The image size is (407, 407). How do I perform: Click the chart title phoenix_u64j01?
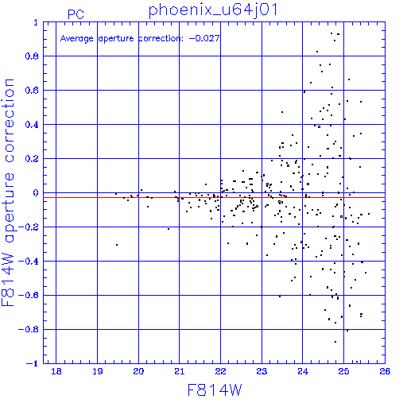click(x=213, y=11)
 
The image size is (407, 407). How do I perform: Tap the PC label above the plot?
click(x=76, y=14)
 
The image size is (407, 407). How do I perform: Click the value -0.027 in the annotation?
click(x=204, y=38)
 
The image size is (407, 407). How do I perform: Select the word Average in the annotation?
click(x=76, y=39)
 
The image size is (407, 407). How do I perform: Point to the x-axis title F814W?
click(x=215, y=390)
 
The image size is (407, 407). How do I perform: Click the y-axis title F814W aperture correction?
click(x=8, y=192)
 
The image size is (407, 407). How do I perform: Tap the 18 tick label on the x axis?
click(x=56, y=371)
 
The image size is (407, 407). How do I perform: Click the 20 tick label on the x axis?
click(x=138, y=371)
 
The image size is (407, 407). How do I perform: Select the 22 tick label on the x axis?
click(x=220, y=371)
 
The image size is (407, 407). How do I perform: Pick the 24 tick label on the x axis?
click(x=303, y=371)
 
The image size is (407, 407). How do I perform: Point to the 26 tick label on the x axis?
click(x=385, y=371)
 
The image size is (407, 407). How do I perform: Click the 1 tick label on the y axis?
click(x=36, y=22)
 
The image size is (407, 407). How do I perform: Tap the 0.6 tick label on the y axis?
click(x=32, y=91)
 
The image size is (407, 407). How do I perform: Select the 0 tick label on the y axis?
click(x=36, y=193)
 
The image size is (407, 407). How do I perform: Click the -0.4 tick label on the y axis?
click(x=29, y=262)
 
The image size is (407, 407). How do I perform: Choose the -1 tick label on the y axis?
click(x=32, y=363)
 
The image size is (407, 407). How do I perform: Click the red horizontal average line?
click(x=214, y=197)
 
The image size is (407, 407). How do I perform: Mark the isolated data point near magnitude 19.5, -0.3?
click(x=117, y=245)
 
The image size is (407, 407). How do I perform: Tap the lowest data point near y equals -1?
click(x=357, y=362)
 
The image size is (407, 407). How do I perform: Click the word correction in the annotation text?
click(x=161, y=39)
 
